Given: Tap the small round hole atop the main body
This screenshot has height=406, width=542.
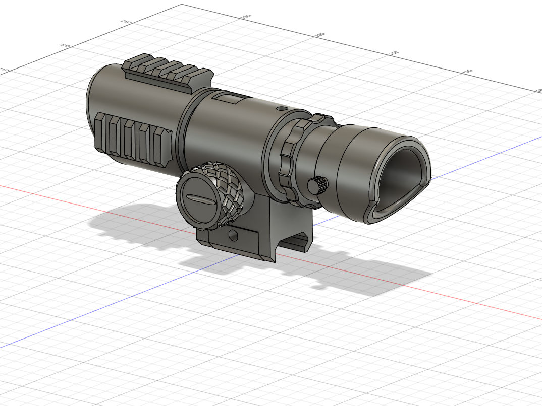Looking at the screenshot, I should coord(282,108).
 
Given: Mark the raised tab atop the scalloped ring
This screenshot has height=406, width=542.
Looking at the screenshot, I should coord(318,119).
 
